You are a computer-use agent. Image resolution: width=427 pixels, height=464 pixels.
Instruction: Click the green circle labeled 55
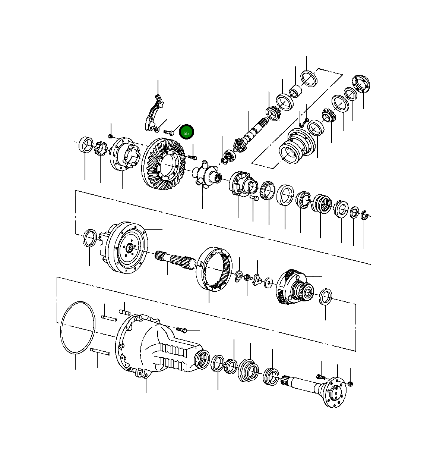coord(186,133)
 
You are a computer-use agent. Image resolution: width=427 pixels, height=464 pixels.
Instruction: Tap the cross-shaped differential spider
coord(203,173)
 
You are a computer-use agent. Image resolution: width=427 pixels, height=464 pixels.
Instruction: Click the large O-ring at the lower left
coord(77,327)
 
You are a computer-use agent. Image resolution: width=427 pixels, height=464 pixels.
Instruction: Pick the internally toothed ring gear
coord(215,269)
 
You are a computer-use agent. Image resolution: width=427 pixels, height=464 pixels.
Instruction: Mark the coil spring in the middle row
coord(321,204)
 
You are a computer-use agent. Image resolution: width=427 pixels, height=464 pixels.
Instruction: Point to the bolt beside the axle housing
coord(181,330)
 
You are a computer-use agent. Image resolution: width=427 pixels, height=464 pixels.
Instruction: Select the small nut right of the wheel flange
coord(350,383)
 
